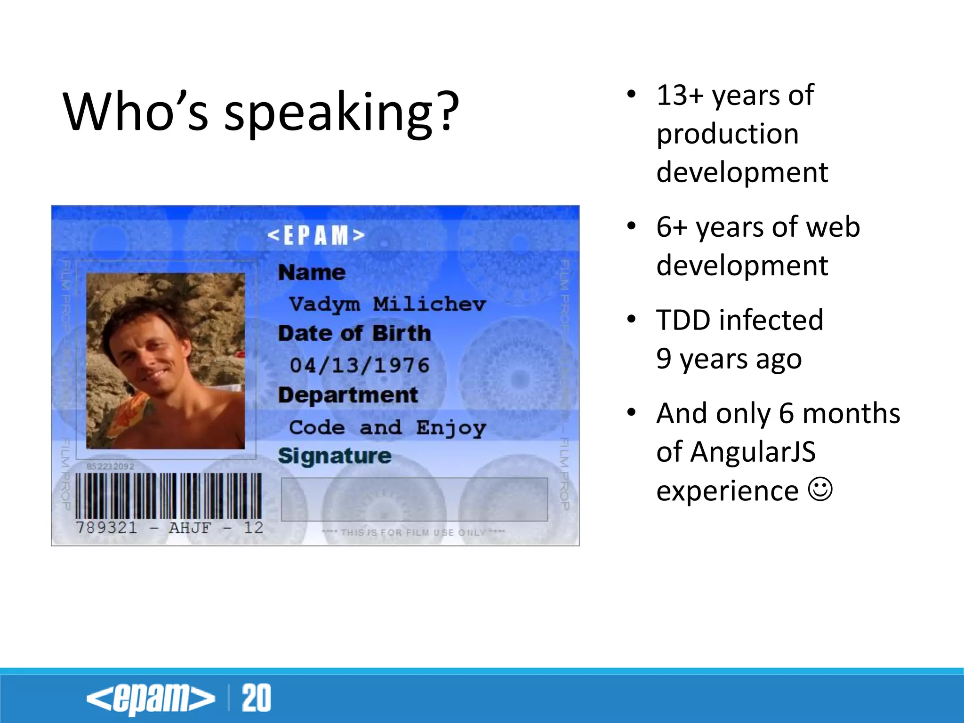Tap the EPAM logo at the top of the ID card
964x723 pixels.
pos(316,235)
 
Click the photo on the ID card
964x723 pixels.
pos(165,361)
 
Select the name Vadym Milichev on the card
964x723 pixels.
pos(387,304)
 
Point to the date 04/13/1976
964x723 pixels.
pos(360,365)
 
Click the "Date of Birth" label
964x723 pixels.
pos(354,334)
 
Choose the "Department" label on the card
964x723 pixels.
pos(347,395)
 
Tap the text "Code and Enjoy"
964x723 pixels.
pos(387,427)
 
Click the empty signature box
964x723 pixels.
pos(414,499)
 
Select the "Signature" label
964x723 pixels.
pos(334,456)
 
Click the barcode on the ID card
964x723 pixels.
pos(168,496)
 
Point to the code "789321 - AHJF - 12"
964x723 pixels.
pos(169,528)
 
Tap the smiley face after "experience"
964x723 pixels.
pos(820,490)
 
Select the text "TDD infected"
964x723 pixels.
pos(739,320)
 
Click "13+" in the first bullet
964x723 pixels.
pos(680,95)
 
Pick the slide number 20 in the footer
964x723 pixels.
pos(256,698)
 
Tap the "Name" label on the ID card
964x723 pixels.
pos(312,273)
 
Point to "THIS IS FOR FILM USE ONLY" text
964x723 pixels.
pos(413,532)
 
